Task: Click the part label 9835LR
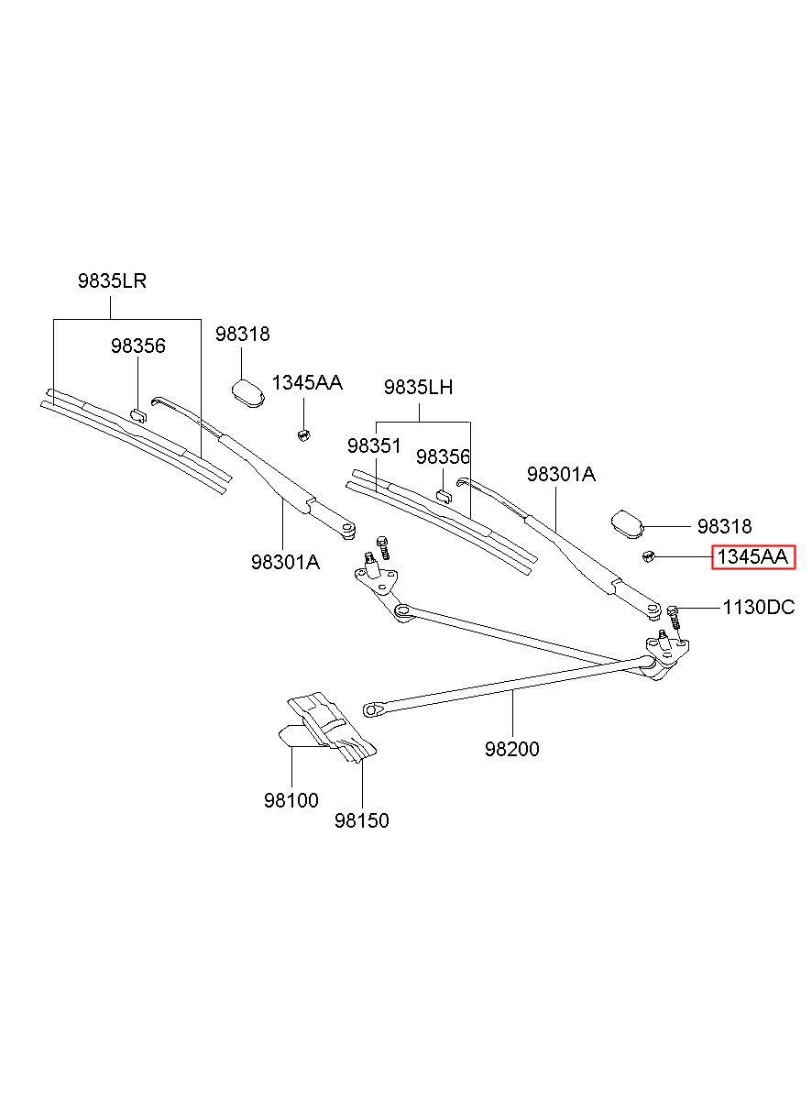pos(112,281)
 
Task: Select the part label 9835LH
pos(418,387)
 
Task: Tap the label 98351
pos(374,445)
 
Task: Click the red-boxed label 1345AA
pos(752,556)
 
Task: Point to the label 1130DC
pos(759,607)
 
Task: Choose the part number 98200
pos(511,749)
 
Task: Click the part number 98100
pos(291,800)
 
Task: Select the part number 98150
pos(362,820)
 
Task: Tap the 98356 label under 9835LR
pos(137,346)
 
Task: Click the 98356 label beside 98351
pos(443,456)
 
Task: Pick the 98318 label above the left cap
pos(242,334)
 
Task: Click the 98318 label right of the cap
pos(724,526)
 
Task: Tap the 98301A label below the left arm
pos(285,562)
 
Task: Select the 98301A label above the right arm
pos(561,474)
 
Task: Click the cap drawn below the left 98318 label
pos(248,391)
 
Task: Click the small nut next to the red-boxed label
pos(646,556)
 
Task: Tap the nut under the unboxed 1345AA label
pos(303,435)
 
